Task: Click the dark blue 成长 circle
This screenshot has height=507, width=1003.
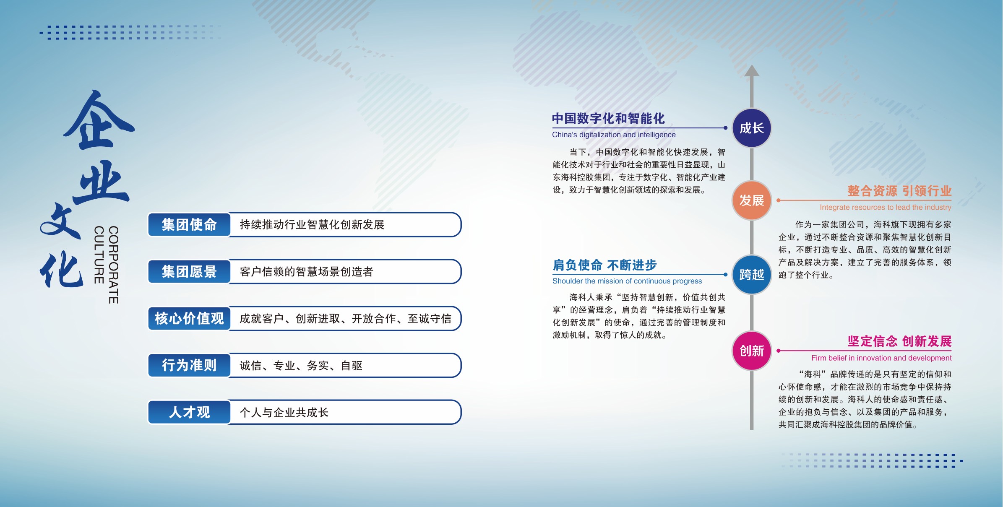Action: coord(751,128)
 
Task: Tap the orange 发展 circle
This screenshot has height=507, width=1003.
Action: coord(751,200)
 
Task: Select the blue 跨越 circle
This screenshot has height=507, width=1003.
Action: coord(751,275)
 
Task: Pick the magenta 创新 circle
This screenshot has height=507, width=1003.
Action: coord(751,351)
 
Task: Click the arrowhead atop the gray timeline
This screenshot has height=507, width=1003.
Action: coord(751,71)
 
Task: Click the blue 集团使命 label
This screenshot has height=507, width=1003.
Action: coord(189,225)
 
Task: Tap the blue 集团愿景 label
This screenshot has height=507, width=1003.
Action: coord(189,272)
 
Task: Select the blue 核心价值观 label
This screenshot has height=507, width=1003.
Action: coord(189,319)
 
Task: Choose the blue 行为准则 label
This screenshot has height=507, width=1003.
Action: coord(189,365)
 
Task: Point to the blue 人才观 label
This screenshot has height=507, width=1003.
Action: coord(189,412)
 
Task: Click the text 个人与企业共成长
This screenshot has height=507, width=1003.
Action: coord(284,413)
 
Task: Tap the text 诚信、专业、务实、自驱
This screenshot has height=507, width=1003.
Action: coord(301,366)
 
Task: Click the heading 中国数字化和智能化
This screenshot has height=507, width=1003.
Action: coord(608,119)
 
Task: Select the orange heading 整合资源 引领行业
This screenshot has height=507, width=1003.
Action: coord(899,191)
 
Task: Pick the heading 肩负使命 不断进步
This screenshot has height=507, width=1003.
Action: coord(604,265)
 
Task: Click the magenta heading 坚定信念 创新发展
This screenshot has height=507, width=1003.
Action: coord(899,341)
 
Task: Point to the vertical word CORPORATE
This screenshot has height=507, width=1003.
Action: coord(113,265)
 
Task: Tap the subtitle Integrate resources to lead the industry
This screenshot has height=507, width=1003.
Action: coord(886,207)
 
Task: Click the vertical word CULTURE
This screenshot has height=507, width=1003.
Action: coord(99,255)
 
